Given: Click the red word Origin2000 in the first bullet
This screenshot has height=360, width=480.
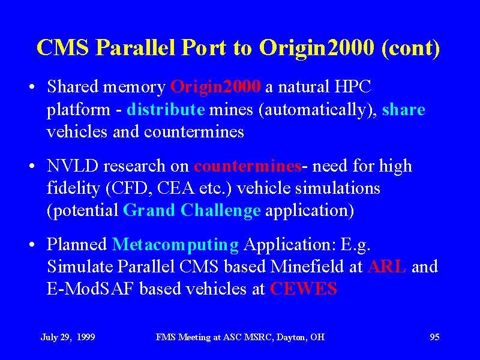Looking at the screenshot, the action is click(x=215, y=87).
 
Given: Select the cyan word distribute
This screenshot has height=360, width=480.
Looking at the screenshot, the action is click(x=166, y=109).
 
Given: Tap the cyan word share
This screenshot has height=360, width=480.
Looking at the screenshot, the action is click(x=403, y=109).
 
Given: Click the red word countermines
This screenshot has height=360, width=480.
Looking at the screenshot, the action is click(x=248, y=166).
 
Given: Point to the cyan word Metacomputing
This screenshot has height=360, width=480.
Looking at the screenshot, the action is click(x=175, y=245).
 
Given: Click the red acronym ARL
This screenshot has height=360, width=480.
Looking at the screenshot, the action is click(x=387, y=266).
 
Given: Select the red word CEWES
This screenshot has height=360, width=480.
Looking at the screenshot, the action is click(x=304, y=289).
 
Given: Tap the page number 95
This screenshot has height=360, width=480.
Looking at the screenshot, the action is click(x=434, y=337).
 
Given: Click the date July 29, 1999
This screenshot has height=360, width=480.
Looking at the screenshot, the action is click(x=68, y=337).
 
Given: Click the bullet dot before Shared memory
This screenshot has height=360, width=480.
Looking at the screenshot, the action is click(x=32, y=87).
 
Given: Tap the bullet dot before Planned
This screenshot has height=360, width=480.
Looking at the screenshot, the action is click(x=32, y=245).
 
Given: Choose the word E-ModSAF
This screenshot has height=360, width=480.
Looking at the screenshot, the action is click(x=91, y=289).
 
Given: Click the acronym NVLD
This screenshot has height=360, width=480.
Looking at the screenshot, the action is click(x=73, y=166).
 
